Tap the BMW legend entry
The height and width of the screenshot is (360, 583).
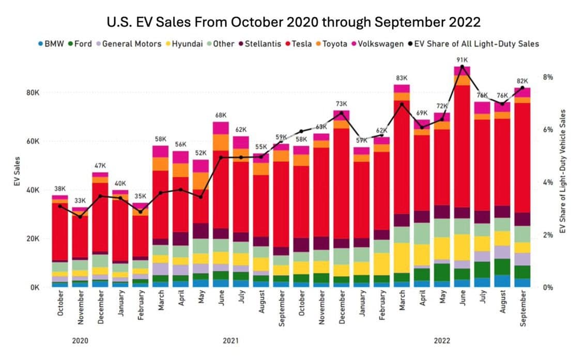pyautogui.click(x=52, y=44)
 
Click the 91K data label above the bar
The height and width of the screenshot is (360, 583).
pyautogui.click(x=462, y=60)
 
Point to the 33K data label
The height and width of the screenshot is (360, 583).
pyautogui.click(x=80, y=201)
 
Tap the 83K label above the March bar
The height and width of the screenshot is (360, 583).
pyautogui.click(x=402, y=78)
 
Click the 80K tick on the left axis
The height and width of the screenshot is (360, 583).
pyautogui.click(x=33, y=93)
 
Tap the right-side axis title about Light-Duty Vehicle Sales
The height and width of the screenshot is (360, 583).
pyautogui.click(x=564, y=170)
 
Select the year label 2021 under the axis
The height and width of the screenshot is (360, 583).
pyautogui.click(x=231, y=341)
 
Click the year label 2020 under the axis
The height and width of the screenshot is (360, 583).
pyautogui.click(x=80, y=341)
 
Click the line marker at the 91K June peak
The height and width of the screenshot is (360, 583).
pyautogui.click(x=462, y=67)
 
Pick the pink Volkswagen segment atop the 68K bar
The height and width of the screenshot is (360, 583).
pyautogui.click(x=221, y=128)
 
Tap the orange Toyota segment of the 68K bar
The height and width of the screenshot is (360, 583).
pyautogui.click(x=221, y=143)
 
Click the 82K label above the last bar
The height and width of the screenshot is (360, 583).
pyautogui.click(x=523, y=81)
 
